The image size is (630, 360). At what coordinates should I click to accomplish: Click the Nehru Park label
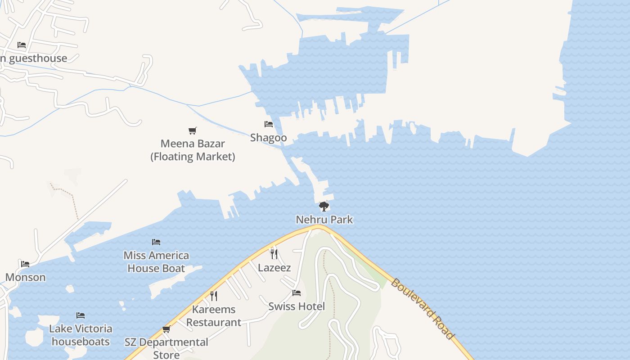coord(324,220)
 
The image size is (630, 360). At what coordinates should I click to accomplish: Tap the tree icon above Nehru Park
coord(324,207)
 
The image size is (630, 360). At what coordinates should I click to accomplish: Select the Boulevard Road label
coord(423,309)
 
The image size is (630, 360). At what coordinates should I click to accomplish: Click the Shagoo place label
coord(268,137)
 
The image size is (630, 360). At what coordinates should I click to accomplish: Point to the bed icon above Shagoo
coord(269,124)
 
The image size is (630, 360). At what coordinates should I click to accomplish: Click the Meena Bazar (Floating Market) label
coord(193,150)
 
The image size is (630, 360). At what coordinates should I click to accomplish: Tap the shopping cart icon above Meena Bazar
coord(193,130)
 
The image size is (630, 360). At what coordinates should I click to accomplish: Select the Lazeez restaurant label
coord(274,268)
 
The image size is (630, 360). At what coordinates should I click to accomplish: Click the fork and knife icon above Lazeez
coord(274,254)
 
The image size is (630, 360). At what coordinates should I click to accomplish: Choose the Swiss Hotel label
coord(296,306)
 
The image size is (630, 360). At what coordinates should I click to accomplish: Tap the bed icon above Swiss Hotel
coord(296,293)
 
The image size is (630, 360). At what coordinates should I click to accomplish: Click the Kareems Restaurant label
coord(214,316)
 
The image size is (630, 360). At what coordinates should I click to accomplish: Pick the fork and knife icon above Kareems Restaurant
coord(214,296)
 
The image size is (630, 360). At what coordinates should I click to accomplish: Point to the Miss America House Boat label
coord(156,262)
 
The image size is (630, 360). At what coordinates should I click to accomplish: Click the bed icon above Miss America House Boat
coord(156,242)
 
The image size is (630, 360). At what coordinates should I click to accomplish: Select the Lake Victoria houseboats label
coord(81,335)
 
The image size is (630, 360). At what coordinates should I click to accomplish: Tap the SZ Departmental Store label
coord(166,348)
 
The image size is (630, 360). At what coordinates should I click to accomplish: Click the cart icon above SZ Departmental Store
coord(166,329)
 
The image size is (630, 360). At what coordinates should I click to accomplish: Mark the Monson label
coord(25,277)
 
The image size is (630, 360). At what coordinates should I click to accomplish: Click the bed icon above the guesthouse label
coord(22,45)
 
